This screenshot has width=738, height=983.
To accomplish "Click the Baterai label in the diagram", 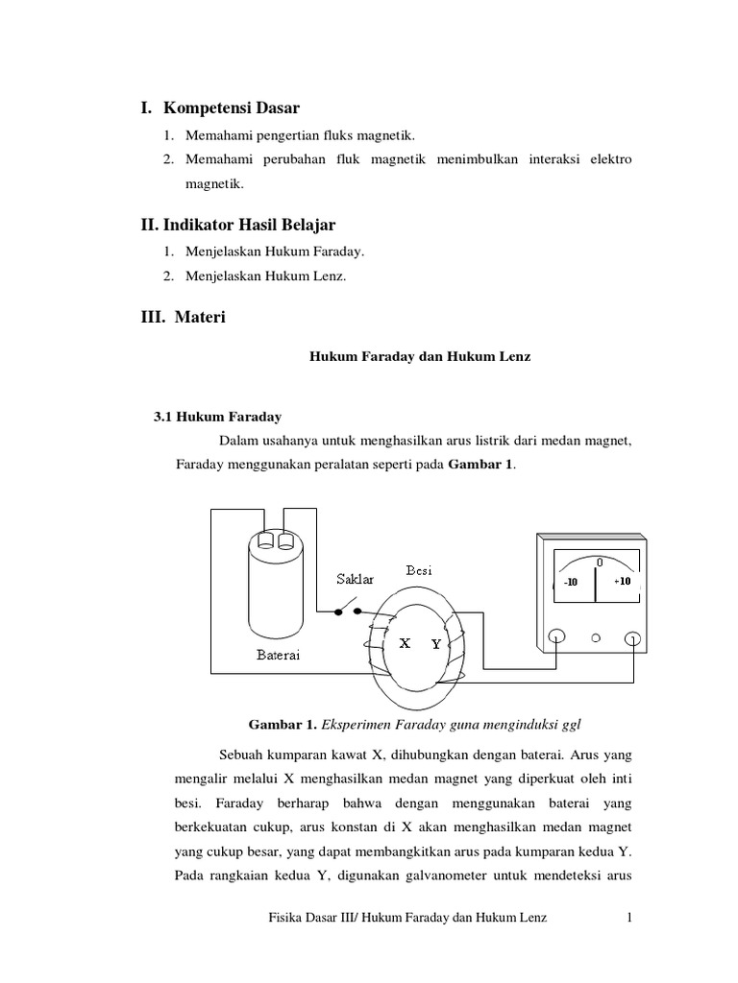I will pos(279,656).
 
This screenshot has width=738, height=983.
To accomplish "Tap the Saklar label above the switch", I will pos(355,579).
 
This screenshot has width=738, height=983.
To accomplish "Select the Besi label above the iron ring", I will pos(419,570).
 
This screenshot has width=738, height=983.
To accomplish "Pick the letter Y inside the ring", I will pos(435,645).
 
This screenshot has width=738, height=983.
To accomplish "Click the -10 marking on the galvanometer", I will pos(571,583).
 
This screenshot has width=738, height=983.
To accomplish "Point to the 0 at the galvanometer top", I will pos(599,561).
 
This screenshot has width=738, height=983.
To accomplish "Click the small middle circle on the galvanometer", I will pos(595,637).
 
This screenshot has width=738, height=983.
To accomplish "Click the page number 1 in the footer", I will pos(629,919).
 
